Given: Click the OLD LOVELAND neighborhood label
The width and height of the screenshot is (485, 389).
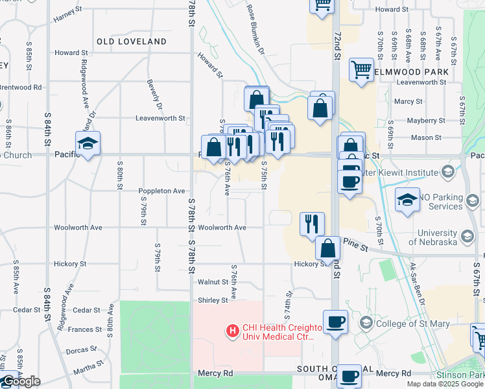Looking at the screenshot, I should [x=132, y=41].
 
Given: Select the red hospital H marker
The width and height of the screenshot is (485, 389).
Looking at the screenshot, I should [x=231, y=332].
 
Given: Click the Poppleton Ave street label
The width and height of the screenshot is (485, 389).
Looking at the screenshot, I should [x=161, y=191].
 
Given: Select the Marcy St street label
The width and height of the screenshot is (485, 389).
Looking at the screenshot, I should [x=408, y=102].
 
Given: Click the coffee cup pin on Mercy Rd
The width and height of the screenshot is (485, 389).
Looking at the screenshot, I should [x=349, y=375].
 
